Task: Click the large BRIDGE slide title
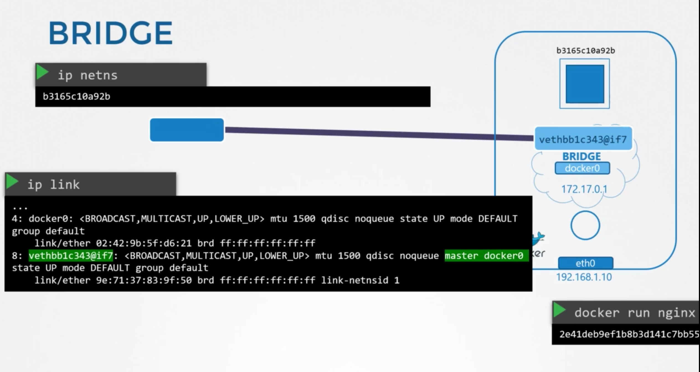[110, 33]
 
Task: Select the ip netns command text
[87, 75]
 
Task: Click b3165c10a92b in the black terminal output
[76, 96]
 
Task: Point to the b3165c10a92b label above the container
[586, 51]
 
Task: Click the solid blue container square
[585, 84]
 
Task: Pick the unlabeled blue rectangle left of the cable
[187, 130]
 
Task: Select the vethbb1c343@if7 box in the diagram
[583, 139]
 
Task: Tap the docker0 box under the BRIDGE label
[582, 168]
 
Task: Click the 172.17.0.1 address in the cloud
[584, 189]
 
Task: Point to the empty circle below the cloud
[585, 225]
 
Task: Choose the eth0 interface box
[585, 263]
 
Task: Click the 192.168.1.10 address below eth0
[584, 277]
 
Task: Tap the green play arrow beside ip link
[12, 182]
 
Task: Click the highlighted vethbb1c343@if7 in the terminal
[71, 256]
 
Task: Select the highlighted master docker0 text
[484, 256]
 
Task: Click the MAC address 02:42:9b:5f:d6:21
[144, 243]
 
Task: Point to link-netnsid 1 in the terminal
[360, 280]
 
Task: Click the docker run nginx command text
[635, 313]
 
